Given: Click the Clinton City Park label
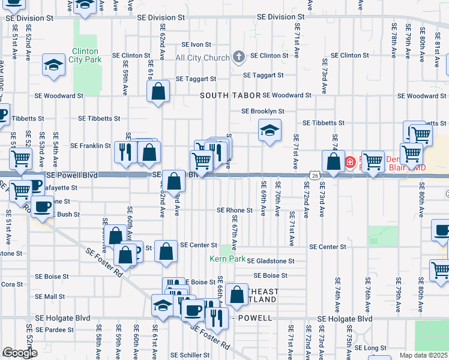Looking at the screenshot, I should [84, 55].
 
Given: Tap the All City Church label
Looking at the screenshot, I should [202, 58].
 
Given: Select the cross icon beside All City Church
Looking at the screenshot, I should [239, 58].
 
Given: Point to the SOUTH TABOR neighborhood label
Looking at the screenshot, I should [231, 95].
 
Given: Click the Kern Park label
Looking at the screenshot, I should [227, 259].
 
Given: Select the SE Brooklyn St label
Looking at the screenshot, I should [262, 111].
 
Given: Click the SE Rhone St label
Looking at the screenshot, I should [235, 211].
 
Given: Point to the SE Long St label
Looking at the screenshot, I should [375, 348].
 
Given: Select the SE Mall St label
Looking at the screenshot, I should [50, 296].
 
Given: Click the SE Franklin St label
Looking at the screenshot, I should [91, 145].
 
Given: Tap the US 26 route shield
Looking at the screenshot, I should [315, 175].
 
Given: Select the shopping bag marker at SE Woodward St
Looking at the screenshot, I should [158, 92].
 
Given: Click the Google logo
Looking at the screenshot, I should [20, 353].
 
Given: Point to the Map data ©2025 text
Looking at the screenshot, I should [423, 355].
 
